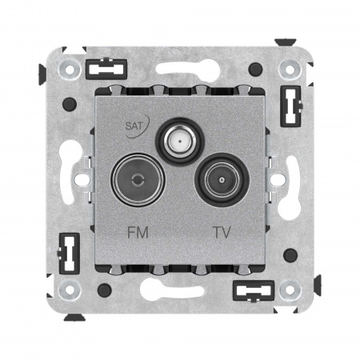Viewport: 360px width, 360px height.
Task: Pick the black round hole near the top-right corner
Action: (x=255, y=69)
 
